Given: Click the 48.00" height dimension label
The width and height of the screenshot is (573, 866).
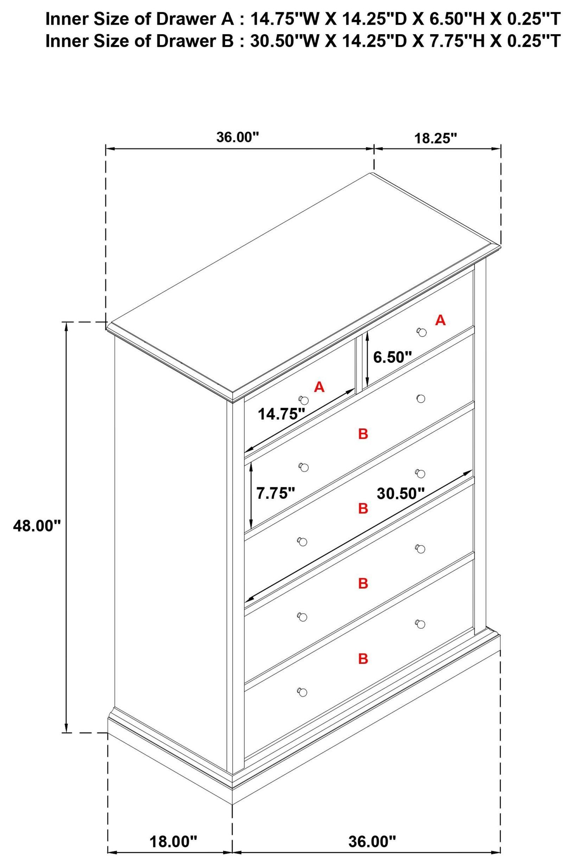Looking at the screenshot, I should [x=37, y=526].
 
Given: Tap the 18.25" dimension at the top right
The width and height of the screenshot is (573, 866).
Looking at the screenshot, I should [x=436, y=138].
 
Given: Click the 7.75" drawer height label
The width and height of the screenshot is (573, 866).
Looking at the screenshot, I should [x=275, y=493].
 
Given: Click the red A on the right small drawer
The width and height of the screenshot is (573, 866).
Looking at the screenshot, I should [x=440, y=320].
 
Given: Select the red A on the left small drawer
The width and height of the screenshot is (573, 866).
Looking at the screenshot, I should [x=319, y=387].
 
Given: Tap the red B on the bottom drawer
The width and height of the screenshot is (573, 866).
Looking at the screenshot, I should [x=363, y=659].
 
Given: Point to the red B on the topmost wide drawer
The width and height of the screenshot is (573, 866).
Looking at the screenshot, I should [x=363, y=434].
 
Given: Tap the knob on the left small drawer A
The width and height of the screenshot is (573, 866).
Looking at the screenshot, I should [x=303, y=399].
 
